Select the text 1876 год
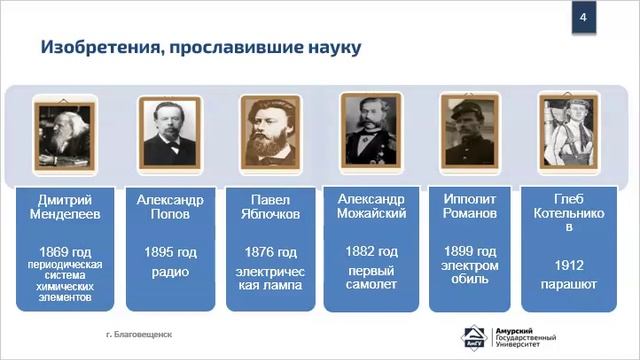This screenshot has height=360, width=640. [269, 251]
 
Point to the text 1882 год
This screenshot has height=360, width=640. [371, 251]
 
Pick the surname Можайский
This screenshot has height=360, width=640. [371, 214]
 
